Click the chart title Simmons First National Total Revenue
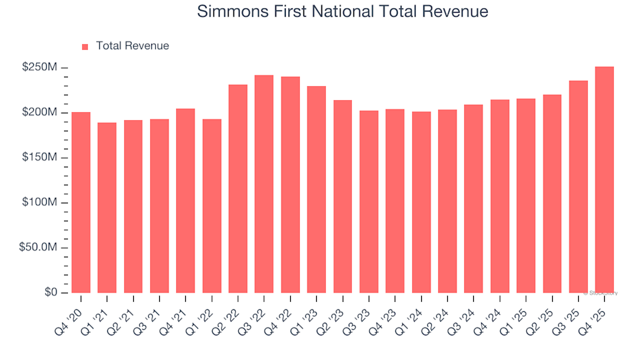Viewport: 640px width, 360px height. (x=343, y=12)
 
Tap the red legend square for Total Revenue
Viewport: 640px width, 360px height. (x=85, y=47)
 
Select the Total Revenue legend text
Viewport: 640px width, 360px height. (x=132, y=46)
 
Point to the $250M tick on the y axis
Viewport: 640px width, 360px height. (x=39, y=67)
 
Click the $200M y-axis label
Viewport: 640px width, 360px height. (x=39, y=113)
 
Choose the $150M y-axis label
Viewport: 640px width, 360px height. (x=39, y=157)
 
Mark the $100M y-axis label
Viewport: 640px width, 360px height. (x=39, y=203)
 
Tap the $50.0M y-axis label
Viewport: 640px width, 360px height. (x=39, y=247)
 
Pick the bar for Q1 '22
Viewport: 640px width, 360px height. (x=212, y=206)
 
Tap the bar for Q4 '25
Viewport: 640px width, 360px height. (x=604, y=180)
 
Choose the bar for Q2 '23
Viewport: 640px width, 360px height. (x=343, y=197)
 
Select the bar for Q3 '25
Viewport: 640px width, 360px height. (x=578, y=187)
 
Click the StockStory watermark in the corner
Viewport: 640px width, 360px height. (x=601, y=293)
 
